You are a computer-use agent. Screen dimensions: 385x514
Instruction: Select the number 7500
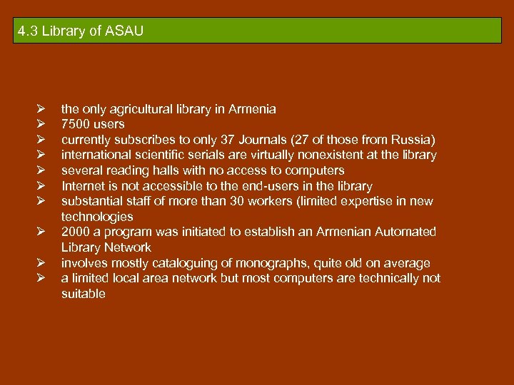(x=74, y=125)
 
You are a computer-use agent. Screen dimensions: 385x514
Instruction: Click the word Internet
(x=84, y=186)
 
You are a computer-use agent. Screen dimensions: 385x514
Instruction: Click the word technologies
(x=97, y=217)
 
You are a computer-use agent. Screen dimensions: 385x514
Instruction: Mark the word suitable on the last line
(x=83, y=294)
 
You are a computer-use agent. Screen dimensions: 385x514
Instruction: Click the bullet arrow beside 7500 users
(x=42, y=125)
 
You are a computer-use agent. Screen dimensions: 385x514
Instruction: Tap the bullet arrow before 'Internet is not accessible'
(x=42, y=186)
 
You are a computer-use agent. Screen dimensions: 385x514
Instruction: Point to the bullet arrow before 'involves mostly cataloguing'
(x=42, y=263)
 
